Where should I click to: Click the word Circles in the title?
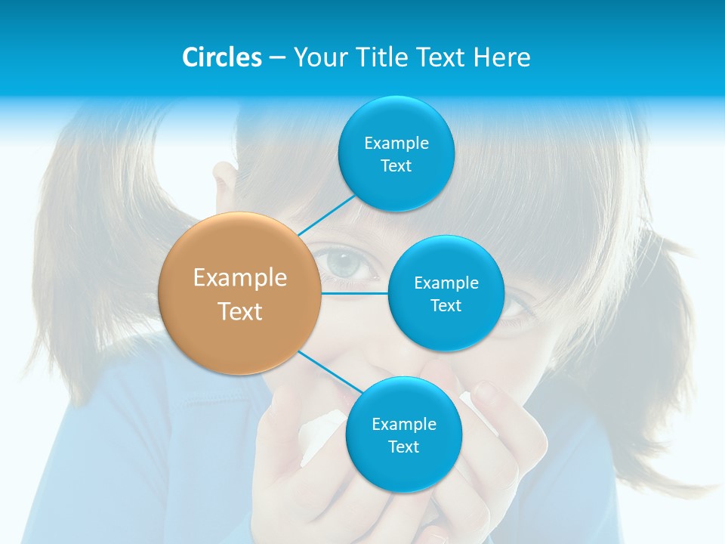click(x=222, y=57)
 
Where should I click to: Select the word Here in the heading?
click(x=501, y=57)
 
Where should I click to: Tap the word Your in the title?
click(x=320, y=57)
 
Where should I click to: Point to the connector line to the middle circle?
click(x=355, y=293)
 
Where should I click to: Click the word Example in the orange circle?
click(x=240, y=278)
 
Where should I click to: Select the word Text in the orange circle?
click(x=240, y=311)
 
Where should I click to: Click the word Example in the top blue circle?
click(x=396, y=144)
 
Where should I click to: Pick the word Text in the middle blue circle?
click(x=446, y=306)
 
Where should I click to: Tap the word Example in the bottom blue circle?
click(x=404, y=425)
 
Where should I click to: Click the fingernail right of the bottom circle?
click(x=483, y=391)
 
